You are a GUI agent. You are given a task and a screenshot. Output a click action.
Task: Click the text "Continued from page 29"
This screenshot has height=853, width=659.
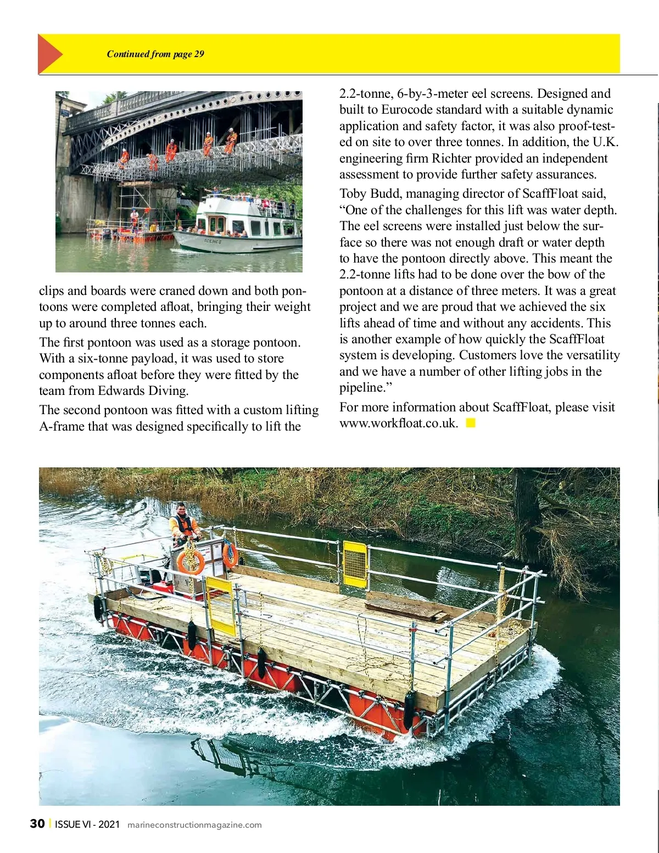tap(155, 54)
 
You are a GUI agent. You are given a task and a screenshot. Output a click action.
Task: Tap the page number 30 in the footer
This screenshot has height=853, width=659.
tap(37, 823)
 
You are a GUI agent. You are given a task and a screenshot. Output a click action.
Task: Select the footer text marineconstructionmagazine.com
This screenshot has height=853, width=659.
tap(194, 824)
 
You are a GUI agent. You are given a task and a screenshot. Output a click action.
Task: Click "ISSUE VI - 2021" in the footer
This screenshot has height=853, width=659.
tap(87, 824)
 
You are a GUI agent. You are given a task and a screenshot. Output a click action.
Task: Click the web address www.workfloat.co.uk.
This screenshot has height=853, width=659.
tap(398, 423)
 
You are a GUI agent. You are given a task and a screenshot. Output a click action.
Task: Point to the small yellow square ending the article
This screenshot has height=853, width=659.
tap(471, 423)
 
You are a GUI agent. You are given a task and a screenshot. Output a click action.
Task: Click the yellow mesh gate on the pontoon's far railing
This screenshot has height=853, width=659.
tap(354, 564)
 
